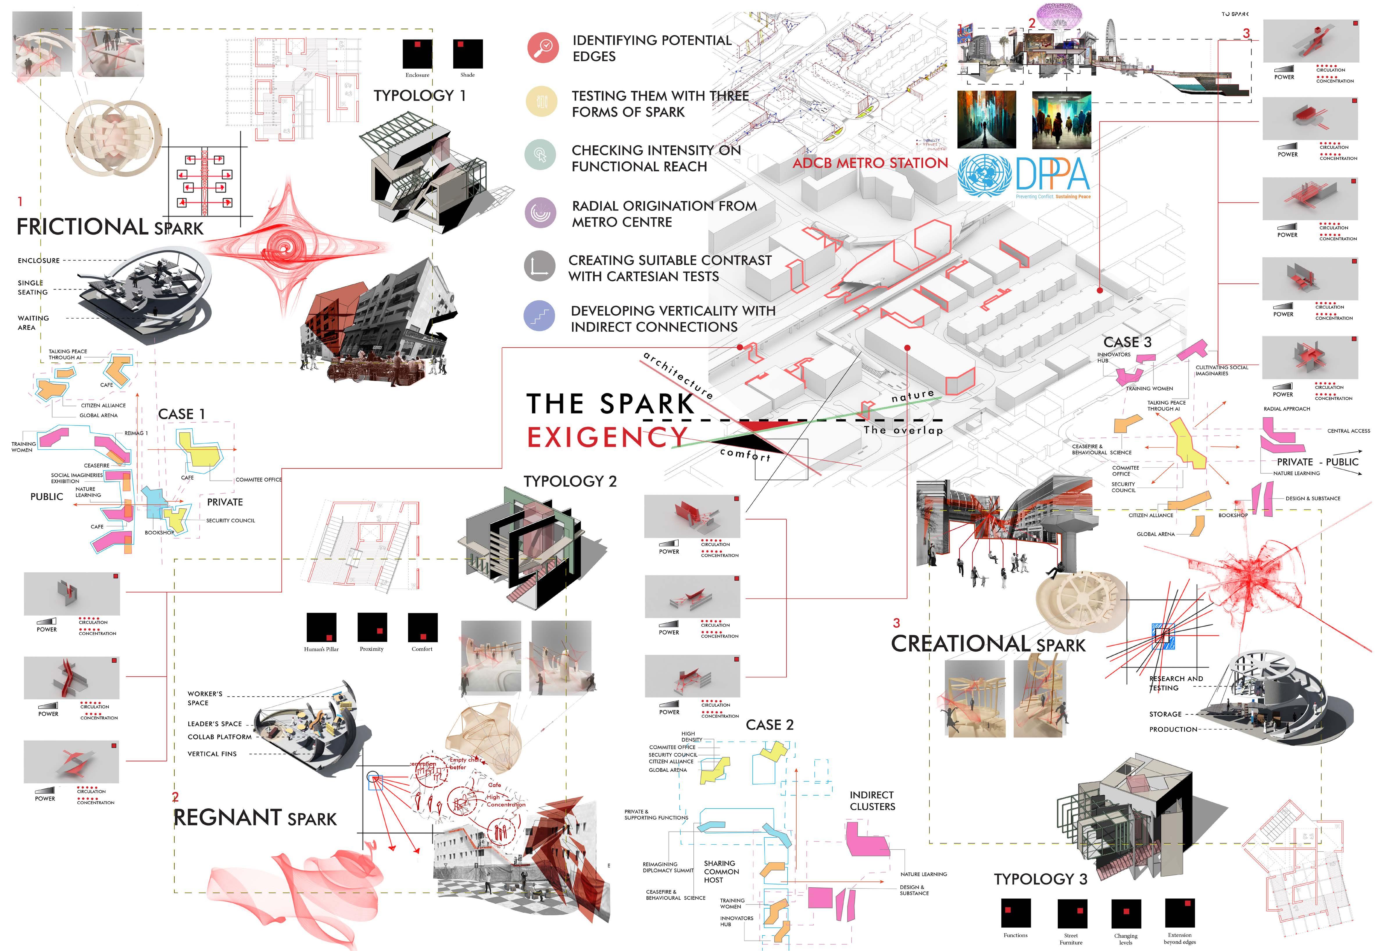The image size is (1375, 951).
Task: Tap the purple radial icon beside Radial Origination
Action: (x=540, y=213)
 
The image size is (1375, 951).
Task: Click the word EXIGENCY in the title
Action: (x=608, y=437)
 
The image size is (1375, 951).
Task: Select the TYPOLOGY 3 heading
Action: (x=1040, y=879)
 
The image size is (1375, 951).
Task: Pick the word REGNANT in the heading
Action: (x=219, y=818)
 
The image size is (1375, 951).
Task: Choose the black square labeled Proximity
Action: (x=372, y=628)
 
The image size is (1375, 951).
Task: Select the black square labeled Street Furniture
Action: (x=1072, y=914)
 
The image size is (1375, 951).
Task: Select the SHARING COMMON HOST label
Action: (x=721, y=871)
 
